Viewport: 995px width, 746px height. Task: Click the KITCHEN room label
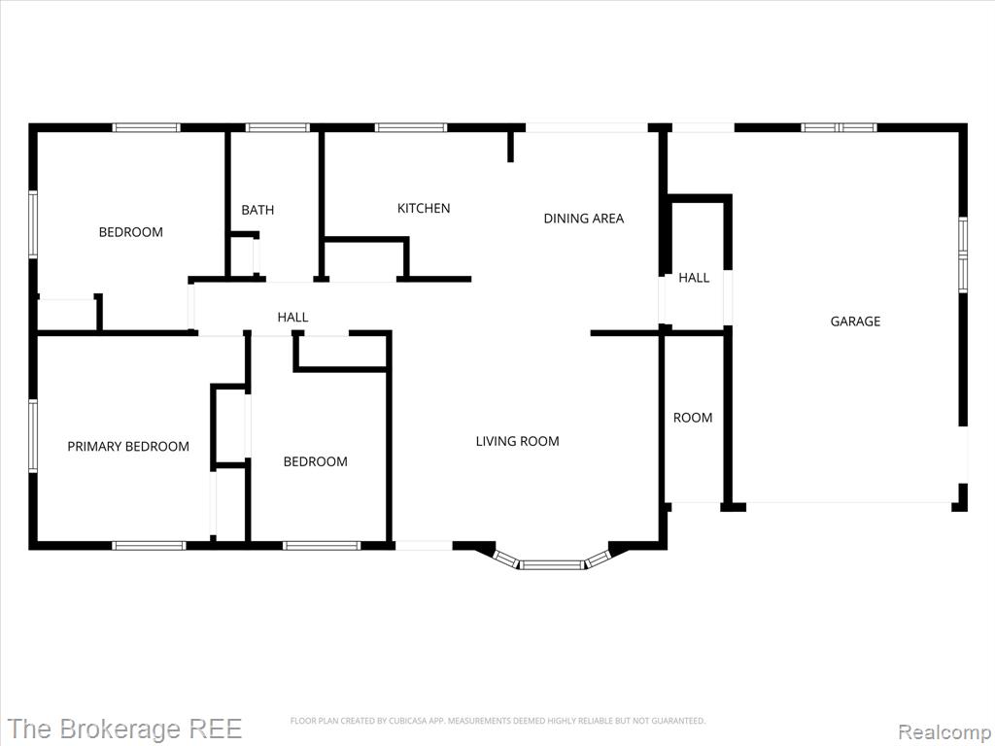(x=424, y=208)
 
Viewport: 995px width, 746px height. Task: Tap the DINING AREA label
(x=584, y=219)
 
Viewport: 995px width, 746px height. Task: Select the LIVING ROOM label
(x=517, y=441)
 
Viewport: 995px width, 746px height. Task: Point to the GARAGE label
(x=855, y=321)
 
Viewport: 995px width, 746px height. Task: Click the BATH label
(x=257, y=210)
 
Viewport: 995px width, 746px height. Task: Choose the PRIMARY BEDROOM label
(x=128, y=446)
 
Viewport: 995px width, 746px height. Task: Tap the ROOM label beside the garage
(x=692, y=418)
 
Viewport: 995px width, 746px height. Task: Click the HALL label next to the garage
(x=694, y=277)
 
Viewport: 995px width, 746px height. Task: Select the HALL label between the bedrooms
(x=292, y=317)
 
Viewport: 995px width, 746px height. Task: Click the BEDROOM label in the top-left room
(x=131, y=231)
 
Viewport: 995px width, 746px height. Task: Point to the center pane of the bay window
(x=552, y=564)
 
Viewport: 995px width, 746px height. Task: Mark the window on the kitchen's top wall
(x=411, y=127)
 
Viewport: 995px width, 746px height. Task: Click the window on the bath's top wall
(x=277, y=127)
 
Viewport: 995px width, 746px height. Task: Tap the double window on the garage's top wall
(x=839, y=127)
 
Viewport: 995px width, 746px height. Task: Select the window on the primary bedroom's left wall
(x=33, y=435)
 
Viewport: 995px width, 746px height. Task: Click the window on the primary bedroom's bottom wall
(x=149, y=546)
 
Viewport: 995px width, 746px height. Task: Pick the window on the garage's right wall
(x=963, y=254)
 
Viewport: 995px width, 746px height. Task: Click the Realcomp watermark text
(x=944, y=731)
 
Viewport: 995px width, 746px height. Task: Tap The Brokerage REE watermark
(x=124, y=729)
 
